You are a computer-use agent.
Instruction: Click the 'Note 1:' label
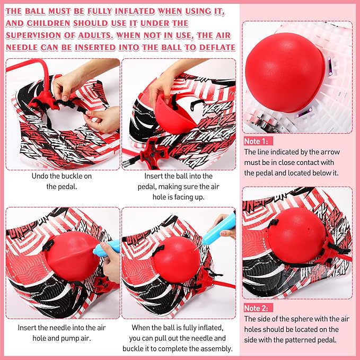pos(256,141)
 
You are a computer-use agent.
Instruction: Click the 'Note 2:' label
pos(256,308)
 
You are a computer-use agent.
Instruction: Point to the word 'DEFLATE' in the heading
pos(217,48)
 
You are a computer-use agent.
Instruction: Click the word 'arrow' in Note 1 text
pos(330,152)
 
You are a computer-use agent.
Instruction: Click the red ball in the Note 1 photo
pos(285,72)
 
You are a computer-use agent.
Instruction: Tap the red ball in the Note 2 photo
pos(296,235)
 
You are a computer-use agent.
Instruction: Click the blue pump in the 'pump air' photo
pos(107,249)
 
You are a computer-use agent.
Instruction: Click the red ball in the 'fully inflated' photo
pos(177,260)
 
